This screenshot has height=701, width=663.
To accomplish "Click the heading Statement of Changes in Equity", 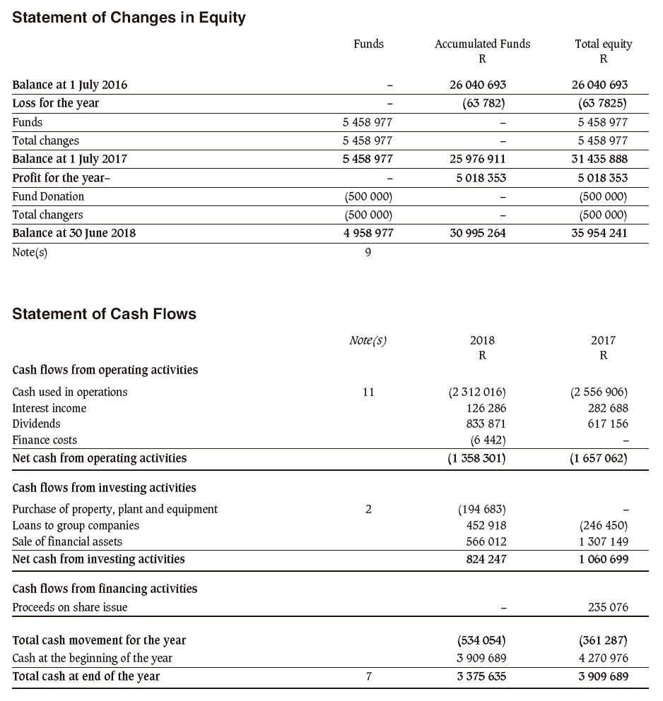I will (129, 18).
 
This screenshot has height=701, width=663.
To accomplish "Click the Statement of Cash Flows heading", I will (104, 314).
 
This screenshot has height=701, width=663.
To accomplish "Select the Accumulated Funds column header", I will (482, 44).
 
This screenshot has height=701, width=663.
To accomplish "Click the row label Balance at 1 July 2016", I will (70, 85).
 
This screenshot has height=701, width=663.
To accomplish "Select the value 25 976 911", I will (477, 159).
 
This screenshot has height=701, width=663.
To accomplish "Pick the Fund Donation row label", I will (48, 196).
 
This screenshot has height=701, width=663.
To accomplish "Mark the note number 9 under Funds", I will (368, 252).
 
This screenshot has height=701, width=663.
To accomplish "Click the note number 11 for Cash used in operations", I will (368, 392).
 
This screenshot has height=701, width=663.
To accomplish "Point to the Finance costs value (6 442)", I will (488, 440).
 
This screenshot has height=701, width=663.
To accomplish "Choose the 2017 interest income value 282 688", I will (608, 408).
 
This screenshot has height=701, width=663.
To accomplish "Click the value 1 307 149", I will (603, 541).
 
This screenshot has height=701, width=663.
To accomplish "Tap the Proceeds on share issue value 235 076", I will (608, 606).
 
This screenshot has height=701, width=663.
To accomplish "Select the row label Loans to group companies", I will (76, 525).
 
